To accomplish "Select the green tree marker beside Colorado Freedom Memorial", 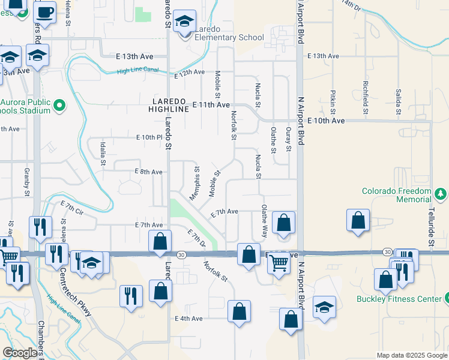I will [x=441, y=194].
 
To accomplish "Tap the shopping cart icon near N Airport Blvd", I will [x=278, y=263].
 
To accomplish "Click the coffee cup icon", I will [x=44, y=11].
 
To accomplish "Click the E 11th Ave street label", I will [x=211, y=104].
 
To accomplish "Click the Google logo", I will [x=20, y=353].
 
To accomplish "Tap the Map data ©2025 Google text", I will [x=412, y=355].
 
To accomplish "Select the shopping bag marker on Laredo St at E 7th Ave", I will [x=160, y=242].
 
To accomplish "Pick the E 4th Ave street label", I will [x=188, y=318].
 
